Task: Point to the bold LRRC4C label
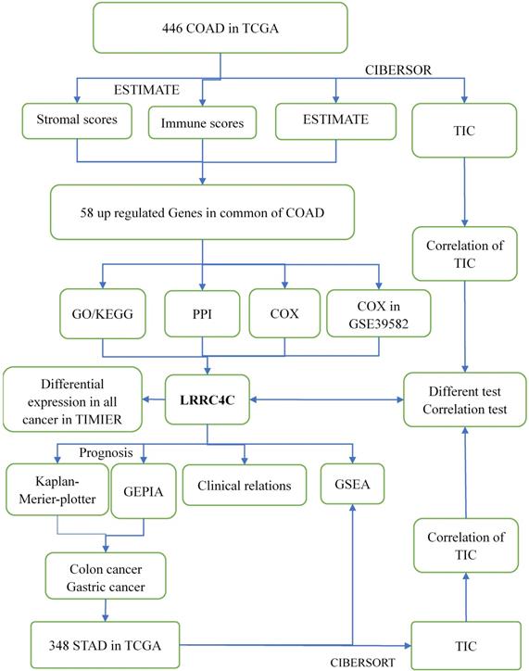[x=207, y=400]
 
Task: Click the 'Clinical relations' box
[x=244, y=485]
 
